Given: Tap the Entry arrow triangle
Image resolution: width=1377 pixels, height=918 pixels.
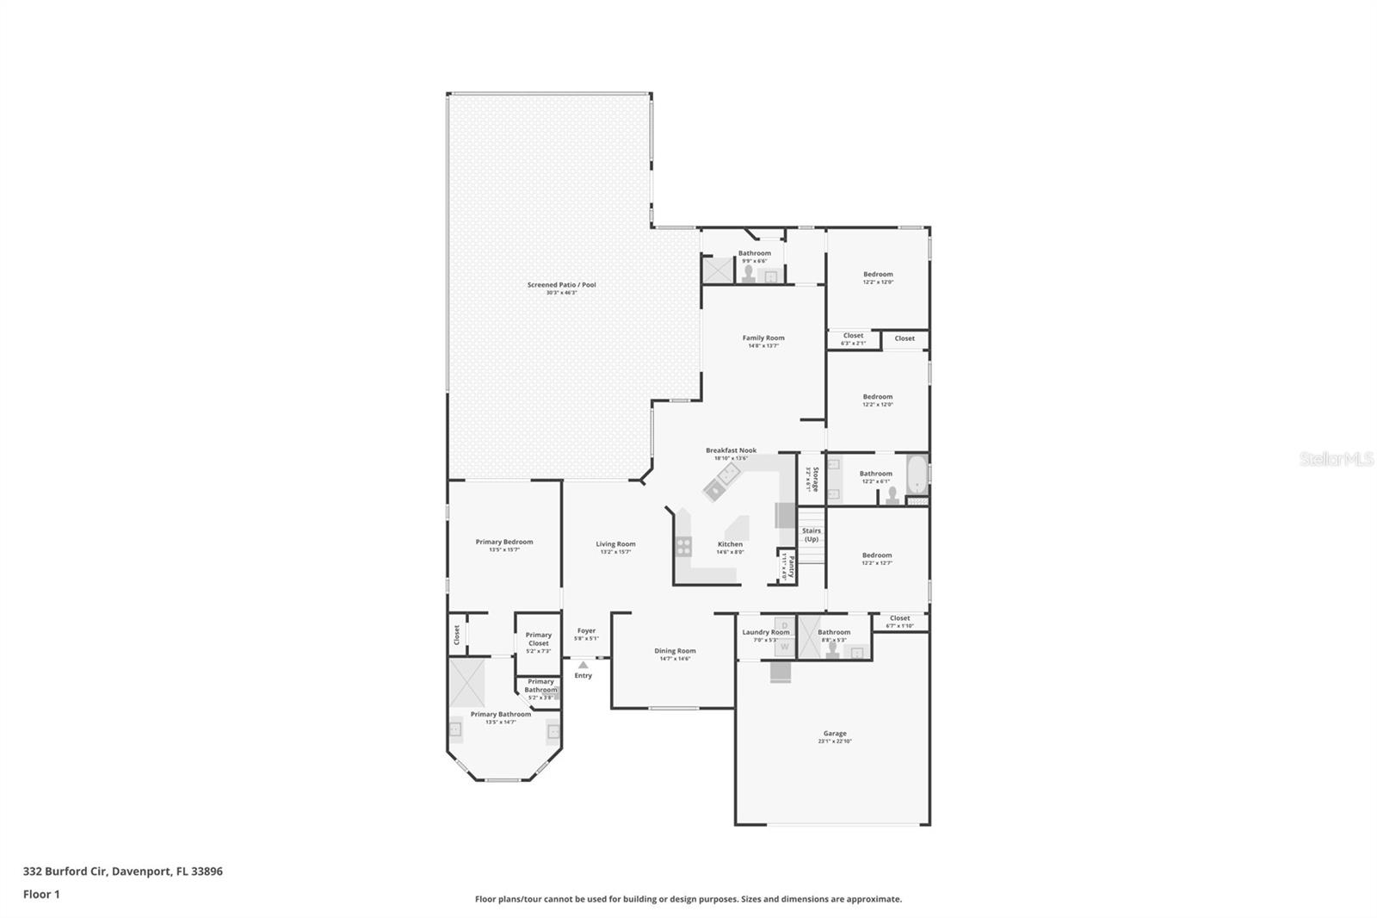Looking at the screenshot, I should [583, 665].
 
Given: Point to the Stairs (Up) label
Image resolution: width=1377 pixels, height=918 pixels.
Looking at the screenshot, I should [811, 535].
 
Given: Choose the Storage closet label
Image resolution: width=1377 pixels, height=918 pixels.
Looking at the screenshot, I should [810, 479].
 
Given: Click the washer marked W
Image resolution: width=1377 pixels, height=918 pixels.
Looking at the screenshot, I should [784, 646].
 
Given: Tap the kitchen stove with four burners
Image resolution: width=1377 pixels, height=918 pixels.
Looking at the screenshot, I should [683, 545].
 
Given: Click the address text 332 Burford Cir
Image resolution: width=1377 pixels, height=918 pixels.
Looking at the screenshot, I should [65, 871].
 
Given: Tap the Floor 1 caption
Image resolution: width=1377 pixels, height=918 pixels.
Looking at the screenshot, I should [41, 894].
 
